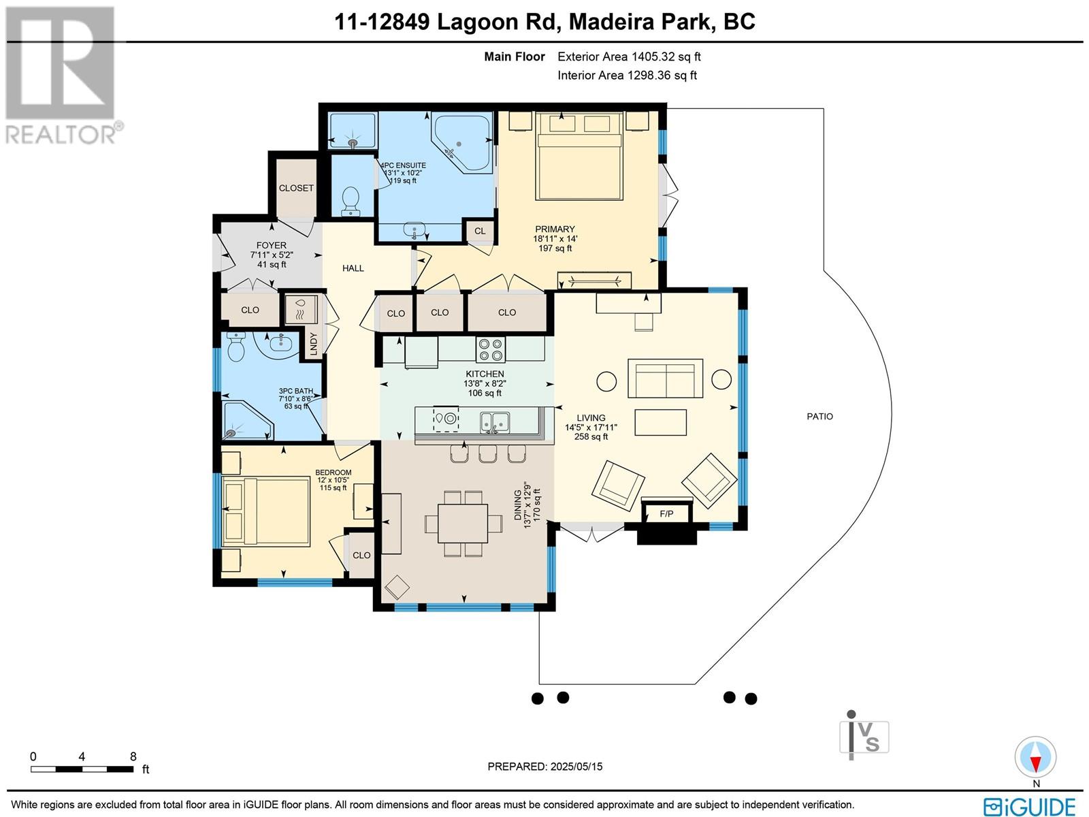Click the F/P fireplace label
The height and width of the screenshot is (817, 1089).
666,514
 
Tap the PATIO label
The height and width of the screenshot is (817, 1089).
819,417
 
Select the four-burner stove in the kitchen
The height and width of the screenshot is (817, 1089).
490,349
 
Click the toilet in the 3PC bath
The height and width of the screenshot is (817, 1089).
235,347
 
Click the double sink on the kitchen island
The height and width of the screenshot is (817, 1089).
494,421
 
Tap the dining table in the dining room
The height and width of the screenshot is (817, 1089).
463,524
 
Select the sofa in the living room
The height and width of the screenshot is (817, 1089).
665,379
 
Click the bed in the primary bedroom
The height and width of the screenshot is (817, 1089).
579,157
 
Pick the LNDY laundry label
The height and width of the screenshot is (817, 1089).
313,343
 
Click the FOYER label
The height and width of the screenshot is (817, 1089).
272,245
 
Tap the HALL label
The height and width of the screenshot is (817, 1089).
353,268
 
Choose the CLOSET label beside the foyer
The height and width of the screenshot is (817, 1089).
296,188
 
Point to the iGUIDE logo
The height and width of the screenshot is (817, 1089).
1030,806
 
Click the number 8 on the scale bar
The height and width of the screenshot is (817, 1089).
133,756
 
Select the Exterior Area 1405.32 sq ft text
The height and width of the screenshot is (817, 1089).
629,57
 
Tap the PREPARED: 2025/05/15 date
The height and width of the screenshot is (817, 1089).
544,767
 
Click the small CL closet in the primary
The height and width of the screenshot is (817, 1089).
480,231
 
